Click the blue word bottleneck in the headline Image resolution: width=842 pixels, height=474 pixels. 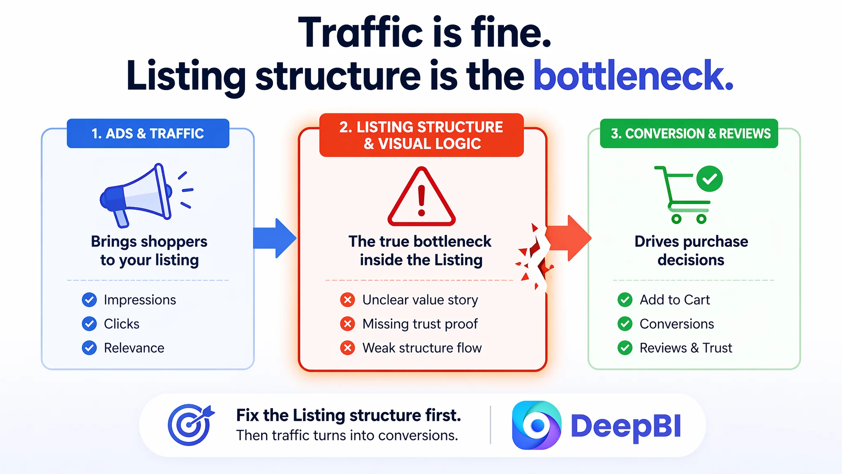click(x=633, y=75)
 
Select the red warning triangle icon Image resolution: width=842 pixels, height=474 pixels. click(x=421, y=197)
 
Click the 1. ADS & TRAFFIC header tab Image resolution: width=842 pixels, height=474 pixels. click(x=148, y=133)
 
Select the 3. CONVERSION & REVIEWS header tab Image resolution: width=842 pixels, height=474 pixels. click(x=689, y=133)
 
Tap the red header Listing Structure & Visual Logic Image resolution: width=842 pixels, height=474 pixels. click(x=421, y=135)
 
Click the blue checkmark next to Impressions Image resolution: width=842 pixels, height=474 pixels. click(x=89, y=300)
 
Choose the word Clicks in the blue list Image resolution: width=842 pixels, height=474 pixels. click(x=122, y=324)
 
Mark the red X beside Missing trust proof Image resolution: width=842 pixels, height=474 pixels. click(x=347, y=324)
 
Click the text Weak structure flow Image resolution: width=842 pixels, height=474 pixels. click(x=422, y=348)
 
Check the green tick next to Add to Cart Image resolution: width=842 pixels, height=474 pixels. click(x=625, y=300)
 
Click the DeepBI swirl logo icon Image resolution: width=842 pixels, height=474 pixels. click(x=537, y=425)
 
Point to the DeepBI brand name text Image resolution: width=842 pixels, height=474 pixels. click(x=626, y=426)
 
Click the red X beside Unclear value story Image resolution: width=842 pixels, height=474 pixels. click(x=347, y=300)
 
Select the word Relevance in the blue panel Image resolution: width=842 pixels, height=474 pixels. click(x=134, y=348)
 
